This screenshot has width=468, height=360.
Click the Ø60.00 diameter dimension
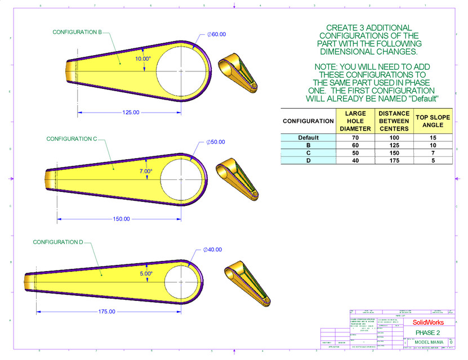click(216, 34)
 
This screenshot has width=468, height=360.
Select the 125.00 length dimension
click(131, 112)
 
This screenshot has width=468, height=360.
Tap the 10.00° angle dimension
click(143, 58)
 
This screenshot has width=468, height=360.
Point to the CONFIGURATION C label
click(72, 138)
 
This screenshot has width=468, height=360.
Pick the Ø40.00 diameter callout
click(212, 250)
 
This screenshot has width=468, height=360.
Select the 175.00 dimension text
click(106, 311)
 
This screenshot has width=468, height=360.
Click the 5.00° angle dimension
click(146, 274)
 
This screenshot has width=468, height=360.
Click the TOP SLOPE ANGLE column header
click(433, 121)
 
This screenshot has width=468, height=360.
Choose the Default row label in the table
click(308, 137)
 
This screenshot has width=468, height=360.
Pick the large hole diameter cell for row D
click(355, 160)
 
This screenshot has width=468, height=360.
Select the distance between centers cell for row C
click(394, 152)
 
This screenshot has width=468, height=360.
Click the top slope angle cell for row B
click(433, 145)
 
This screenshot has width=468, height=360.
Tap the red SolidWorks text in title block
click(428, 322)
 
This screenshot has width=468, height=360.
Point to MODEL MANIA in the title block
click(429, 341)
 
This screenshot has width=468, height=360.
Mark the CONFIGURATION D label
click(58, 242)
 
